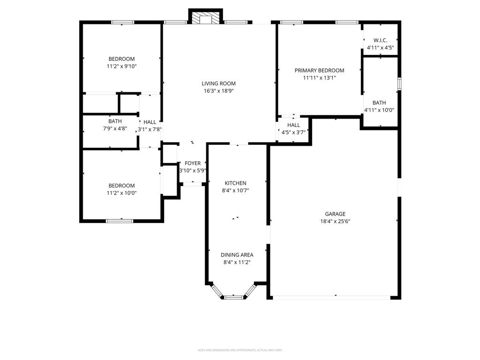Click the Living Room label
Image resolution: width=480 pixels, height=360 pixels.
coord(218,83)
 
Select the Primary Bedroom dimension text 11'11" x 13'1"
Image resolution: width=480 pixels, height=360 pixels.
coord(319,78)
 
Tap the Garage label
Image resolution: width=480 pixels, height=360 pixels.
coord(335,214)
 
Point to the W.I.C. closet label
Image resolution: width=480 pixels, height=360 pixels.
coord(380,40)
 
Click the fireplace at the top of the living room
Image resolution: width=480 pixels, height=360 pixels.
coord(205,17)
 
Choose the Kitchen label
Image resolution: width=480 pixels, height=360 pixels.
coord(235,183)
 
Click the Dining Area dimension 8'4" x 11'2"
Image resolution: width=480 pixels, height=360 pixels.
coord(237,262)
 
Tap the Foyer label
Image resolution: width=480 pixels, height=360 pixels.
coord(193,163)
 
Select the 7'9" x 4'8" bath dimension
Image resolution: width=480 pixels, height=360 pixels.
coord(115,128)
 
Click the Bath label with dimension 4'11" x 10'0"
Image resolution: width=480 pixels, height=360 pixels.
coord(379,103)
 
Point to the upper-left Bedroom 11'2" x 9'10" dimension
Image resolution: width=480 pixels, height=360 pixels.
coord(121,67)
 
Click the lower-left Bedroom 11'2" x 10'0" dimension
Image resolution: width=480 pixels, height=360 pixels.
coord(121,193)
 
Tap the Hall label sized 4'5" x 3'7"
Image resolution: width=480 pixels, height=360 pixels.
coord(293,125)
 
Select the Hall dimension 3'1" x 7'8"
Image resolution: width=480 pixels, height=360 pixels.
coord(150,129)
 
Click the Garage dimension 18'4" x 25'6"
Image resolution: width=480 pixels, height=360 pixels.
coord(335,221)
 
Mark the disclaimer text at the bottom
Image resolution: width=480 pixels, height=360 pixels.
coord(240,350)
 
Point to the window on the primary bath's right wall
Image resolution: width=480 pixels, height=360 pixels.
coord(399,83)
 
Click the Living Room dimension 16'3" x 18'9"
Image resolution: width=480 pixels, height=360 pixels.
coord(218,91)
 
